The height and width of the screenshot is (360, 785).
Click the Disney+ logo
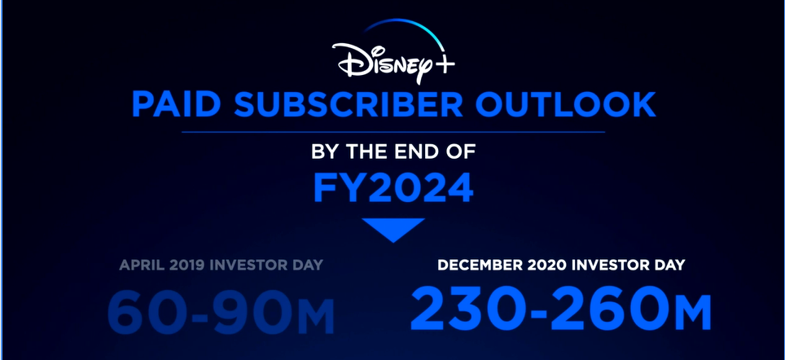393,52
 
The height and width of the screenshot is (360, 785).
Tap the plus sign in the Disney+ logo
445,64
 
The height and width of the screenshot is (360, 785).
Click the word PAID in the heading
176,104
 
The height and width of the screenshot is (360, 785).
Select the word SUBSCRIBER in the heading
349,104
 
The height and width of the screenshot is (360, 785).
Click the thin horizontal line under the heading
393,132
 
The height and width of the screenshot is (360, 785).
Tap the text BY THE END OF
393,151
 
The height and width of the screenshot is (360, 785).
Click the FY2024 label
393,188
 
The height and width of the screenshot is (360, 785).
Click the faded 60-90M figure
221,311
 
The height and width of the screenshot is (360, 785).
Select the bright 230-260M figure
561,308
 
